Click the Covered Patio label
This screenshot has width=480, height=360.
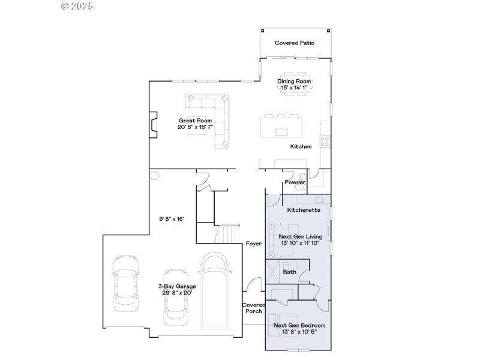click(x=294, y=43)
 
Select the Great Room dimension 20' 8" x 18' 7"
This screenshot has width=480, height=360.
click(x=196, y=127)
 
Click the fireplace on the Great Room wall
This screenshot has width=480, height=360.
click(x=154, y=124)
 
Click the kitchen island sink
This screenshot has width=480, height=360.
click(x=281, y=131)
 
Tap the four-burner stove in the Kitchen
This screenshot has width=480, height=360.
click(x=325, y=142)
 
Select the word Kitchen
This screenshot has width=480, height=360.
click(x=301, y=146)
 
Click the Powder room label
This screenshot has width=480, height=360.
click(x=295, y=182)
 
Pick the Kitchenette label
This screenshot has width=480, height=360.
click(x=304, y=211)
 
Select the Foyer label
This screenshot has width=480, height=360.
click(x=253, y=244)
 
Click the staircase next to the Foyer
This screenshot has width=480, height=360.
click(x=229, y=234)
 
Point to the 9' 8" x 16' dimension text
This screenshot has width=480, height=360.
click(x=171, y=219)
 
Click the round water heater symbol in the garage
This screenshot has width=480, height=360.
click(x=155, y=176)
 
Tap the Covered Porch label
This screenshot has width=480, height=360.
click(x=253, y=308)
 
